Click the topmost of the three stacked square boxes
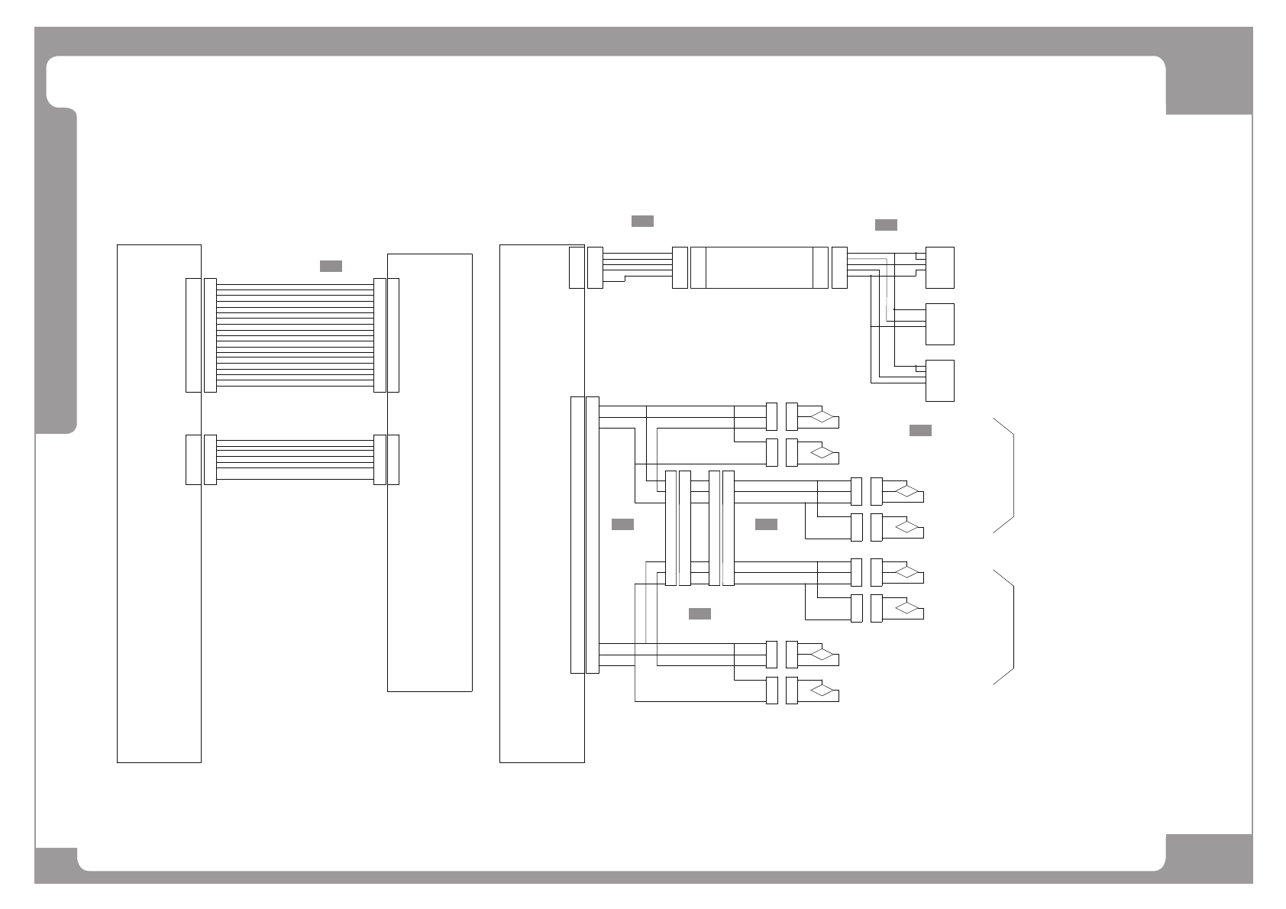coord(940,267)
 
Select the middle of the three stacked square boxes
coord(940,324)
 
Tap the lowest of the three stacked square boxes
coord(940,380)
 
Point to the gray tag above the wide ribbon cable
coord(331,266)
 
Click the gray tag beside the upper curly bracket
coord(920,431)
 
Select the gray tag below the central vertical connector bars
coord(700,614)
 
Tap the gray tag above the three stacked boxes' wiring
coord(886,225)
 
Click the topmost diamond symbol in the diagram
coord(822,417)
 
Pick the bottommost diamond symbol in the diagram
coord(822,691)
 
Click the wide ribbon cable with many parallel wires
coord(295,335)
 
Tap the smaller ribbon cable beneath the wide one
coord(295,459)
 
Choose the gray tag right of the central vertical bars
coord(766,524)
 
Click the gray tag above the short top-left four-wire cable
coord(642,222)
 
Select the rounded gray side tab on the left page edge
coord(57,271)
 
